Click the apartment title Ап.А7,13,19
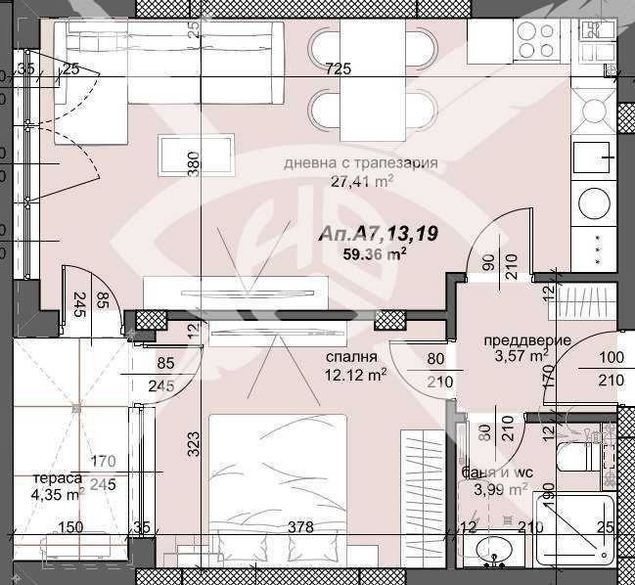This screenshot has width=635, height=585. point(377,234)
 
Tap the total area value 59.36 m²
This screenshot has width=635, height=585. point(373,252)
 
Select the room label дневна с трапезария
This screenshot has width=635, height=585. point(359,163)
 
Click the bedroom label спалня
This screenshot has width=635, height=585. point(348,357)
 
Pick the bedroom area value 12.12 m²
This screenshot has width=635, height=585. point(355,373)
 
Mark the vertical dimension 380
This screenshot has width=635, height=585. point(193,163)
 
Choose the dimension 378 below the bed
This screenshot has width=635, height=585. point(300,527)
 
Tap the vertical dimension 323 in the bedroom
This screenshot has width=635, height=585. point(193,450)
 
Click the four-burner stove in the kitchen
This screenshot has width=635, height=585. point(534,41)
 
